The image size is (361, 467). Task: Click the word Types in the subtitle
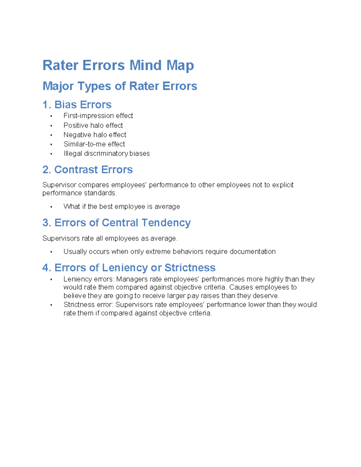[94, 86]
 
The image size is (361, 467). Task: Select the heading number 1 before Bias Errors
[45, 105]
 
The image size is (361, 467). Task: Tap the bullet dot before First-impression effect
[51, 116]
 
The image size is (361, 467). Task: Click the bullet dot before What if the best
[51, 207]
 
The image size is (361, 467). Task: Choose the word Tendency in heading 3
[166, 223]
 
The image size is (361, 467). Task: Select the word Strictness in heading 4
[190, 268]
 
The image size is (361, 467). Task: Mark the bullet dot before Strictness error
[51, 305]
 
